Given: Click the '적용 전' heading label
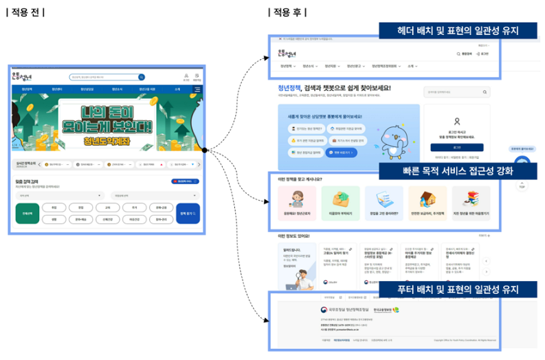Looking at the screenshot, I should [x=25, y=12].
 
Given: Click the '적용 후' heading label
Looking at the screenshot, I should [x=287, y=12].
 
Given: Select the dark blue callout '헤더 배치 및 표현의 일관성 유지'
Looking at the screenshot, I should [x=458, y=30].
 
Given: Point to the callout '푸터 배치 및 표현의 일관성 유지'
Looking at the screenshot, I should [x=458, y=289].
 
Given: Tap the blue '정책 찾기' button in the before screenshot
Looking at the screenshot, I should [x=188, y=214].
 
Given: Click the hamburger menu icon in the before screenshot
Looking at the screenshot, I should [x=197, y=89].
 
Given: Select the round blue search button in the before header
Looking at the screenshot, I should [x=142, y=78].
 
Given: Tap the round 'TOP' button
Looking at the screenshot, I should [x=522, y=184].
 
